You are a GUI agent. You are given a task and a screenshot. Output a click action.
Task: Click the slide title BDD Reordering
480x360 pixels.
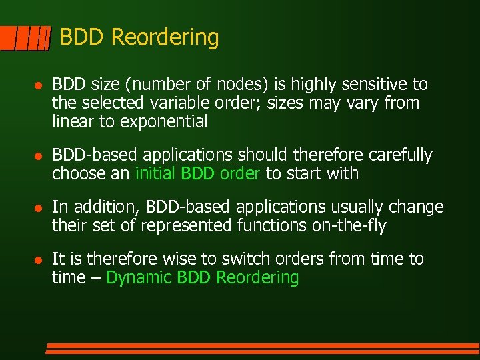click(x=139, y=37)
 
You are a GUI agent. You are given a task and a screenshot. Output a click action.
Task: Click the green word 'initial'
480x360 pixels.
click(x=155, y=174)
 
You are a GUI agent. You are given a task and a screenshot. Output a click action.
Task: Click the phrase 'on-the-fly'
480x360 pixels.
click(x=349, y=226)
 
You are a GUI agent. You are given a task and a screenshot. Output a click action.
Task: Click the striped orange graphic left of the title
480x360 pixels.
click(x=25, y=39)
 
